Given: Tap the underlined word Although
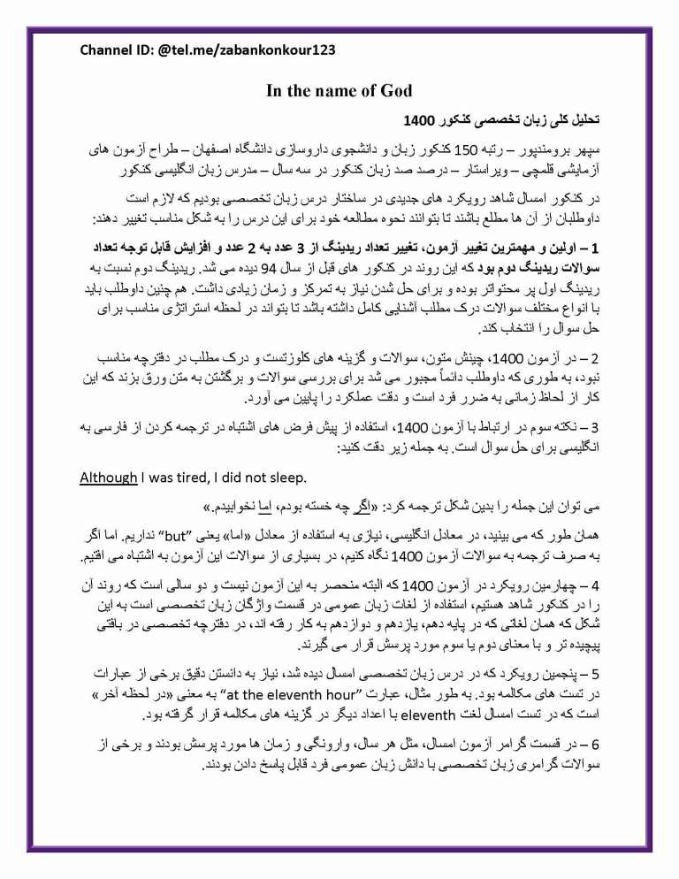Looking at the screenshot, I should (x=109, y=478).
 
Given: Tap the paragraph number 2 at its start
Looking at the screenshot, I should (x=593, y=358).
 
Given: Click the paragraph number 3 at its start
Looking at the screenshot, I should (x=593, y=429).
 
